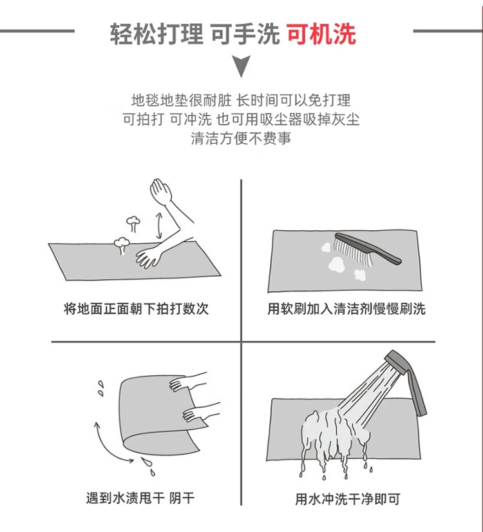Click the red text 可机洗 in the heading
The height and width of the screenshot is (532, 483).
321,34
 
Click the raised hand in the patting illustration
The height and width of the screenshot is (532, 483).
160,192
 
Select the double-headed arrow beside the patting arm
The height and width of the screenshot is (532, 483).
158,226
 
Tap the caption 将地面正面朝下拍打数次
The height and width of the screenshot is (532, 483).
137,309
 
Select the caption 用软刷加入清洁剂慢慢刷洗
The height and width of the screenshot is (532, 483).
346,309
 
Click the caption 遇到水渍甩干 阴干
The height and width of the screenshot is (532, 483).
140,498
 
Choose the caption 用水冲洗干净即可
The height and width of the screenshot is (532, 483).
347,499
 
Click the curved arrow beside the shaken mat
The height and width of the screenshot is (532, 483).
109,444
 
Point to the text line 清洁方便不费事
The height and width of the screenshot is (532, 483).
241,139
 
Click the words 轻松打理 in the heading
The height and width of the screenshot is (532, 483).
156,34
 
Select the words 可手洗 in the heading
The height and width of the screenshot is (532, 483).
246,34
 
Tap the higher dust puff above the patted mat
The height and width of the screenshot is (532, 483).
133,223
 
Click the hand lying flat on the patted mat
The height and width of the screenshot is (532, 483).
149,257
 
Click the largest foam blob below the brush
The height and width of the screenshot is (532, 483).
336,264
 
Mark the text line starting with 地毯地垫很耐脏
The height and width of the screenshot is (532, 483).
241,100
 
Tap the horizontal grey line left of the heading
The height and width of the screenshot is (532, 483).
37,31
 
